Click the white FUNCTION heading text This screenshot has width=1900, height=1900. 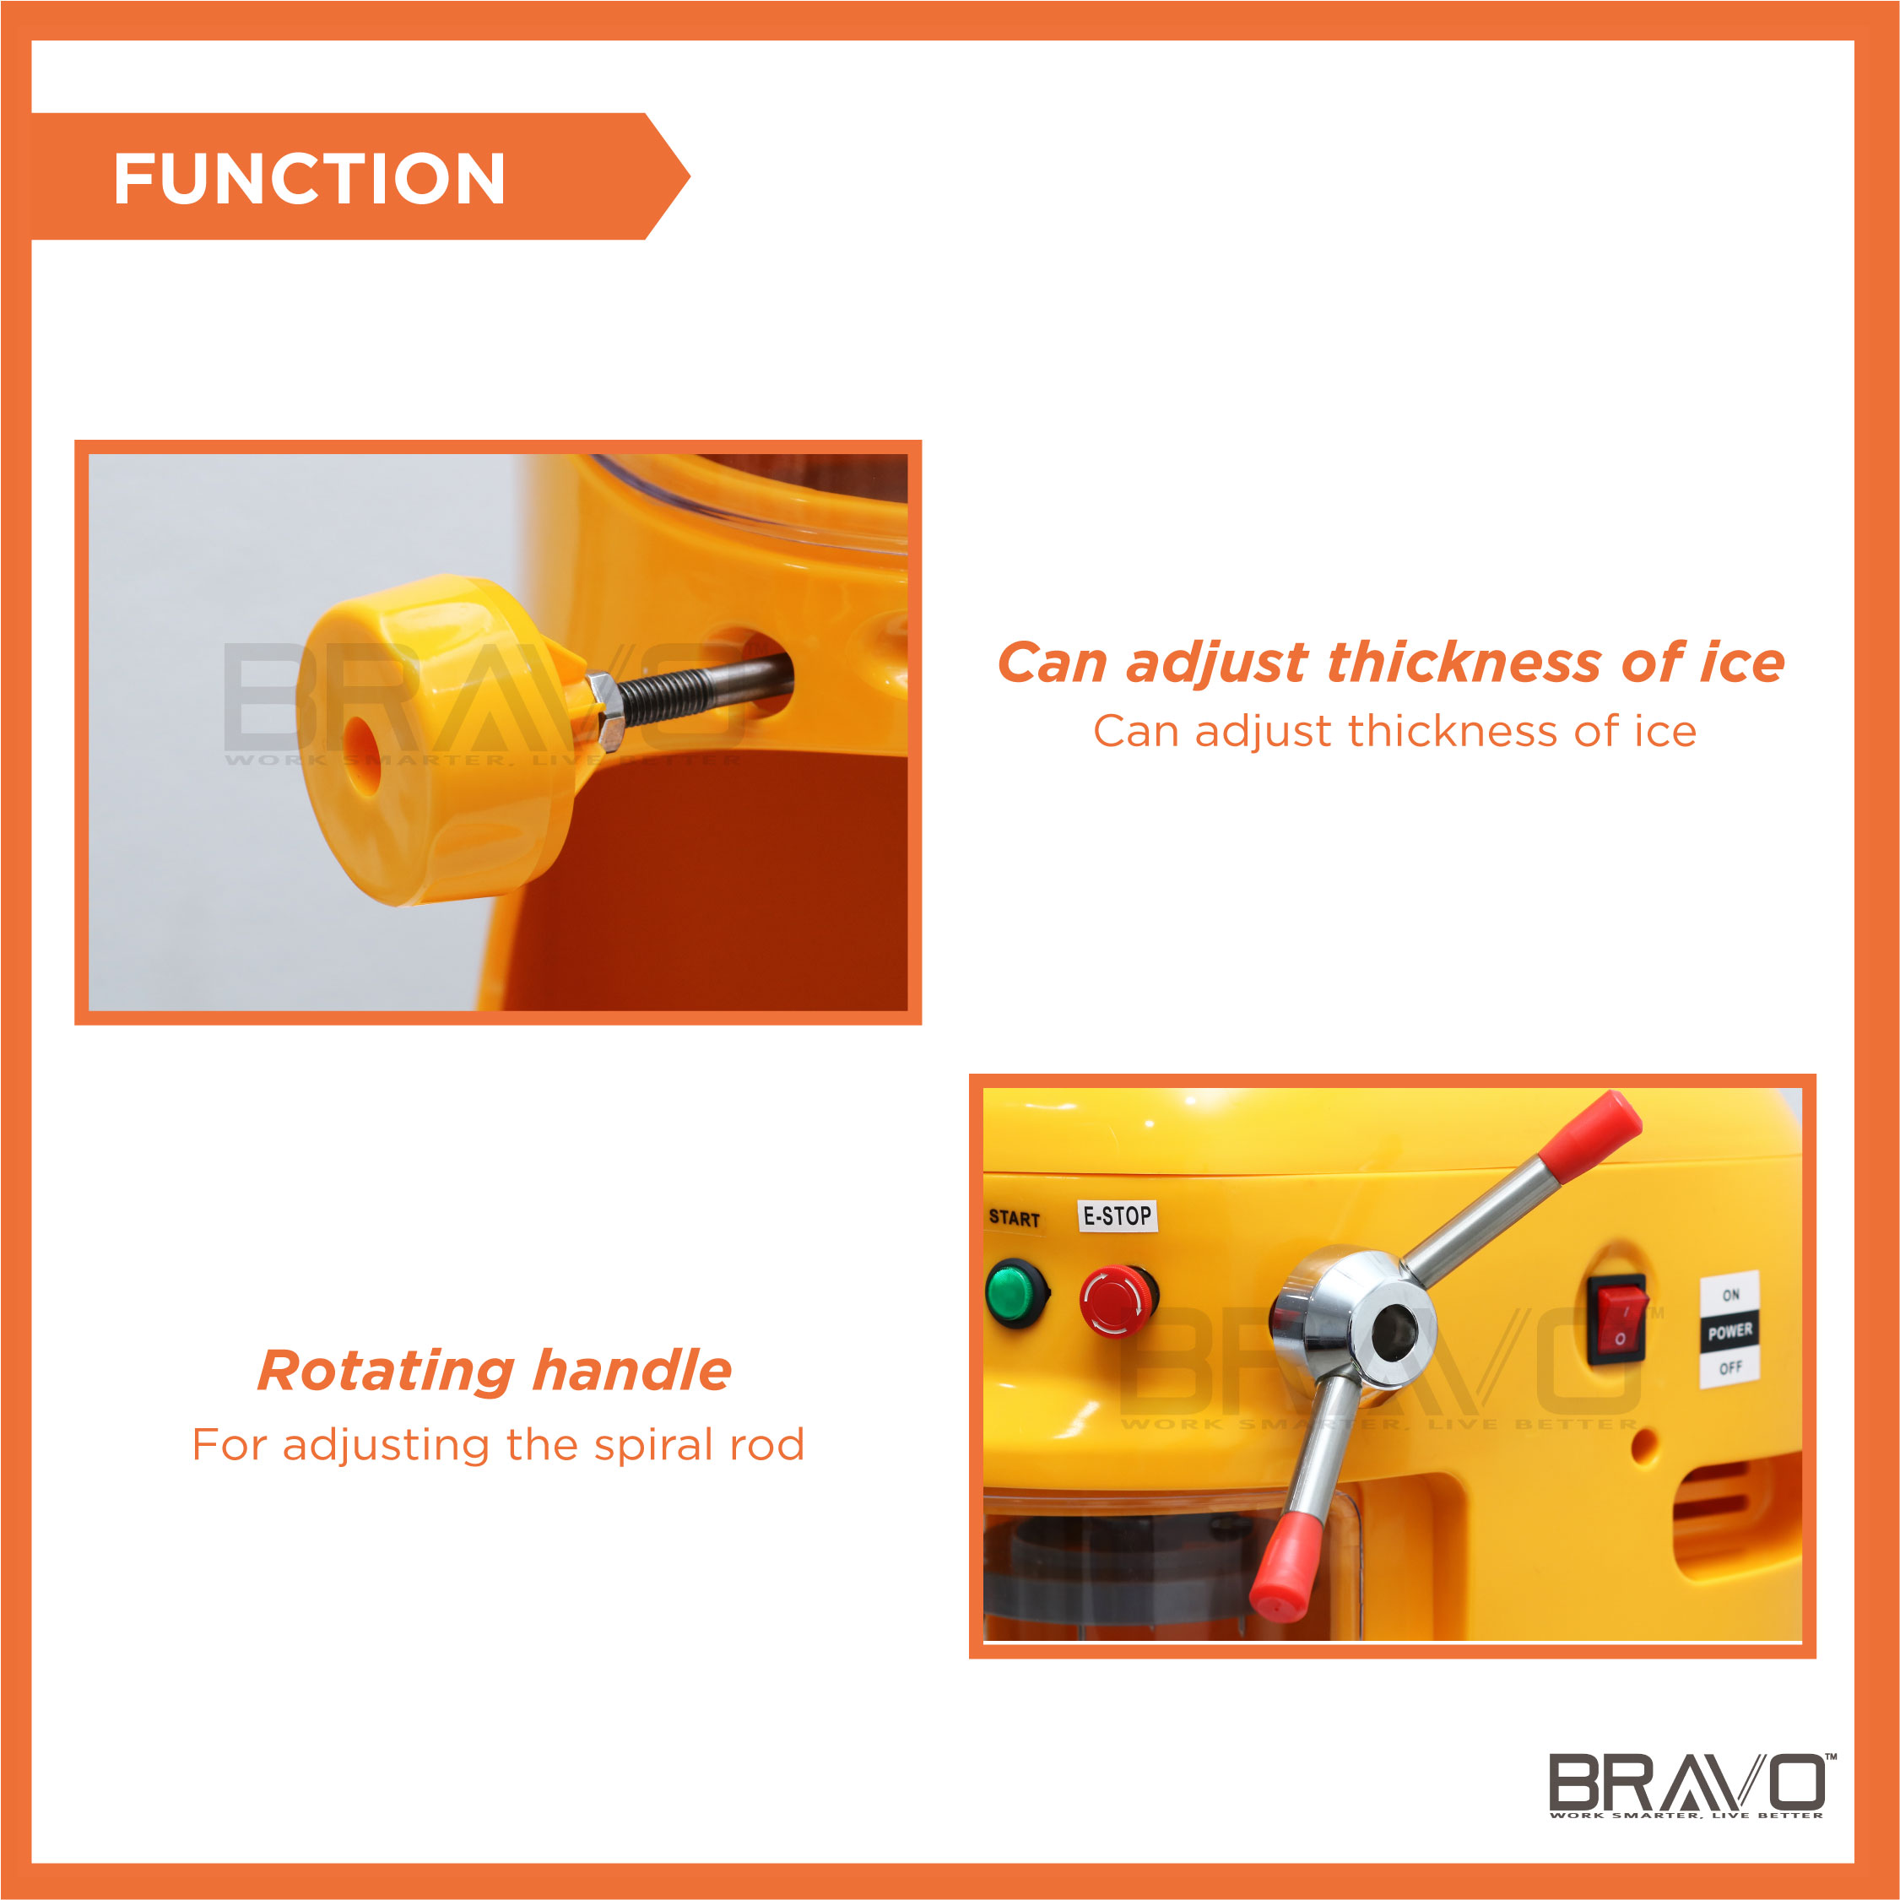point(309,179)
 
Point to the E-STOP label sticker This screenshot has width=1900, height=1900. point(1118,1216)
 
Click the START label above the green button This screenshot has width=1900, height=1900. point(1014,1219)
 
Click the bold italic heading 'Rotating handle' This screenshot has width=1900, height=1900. point(495,1371)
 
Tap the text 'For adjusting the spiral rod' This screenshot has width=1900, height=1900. point(499,1445)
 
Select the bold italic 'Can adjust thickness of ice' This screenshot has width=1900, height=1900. point(1390,662)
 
